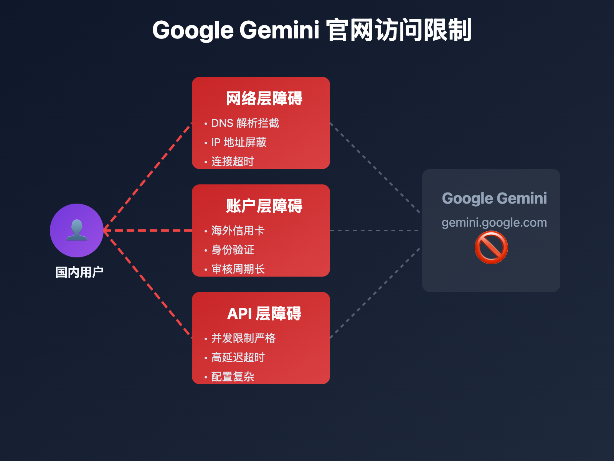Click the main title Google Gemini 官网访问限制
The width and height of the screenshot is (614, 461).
click(312, 30)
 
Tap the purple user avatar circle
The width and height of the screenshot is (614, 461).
click(77, 230)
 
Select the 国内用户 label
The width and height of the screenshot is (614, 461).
click(79, 272)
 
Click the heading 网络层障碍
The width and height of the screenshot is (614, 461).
click(264, 98)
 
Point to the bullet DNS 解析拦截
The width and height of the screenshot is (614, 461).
click(245, 123)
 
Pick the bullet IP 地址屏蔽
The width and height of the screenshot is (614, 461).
click(239, 143)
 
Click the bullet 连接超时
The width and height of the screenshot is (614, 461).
click(233, 162)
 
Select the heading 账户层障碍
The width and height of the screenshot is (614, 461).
click(264, 206)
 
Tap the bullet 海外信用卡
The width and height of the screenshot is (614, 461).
click(238, 231)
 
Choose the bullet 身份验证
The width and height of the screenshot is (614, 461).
click(233, 250)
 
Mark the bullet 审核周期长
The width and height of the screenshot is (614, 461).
click(238, 269)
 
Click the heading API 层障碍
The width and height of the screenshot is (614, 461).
click(264, 313)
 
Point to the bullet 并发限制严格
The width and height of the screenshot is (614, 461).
click(243, 338)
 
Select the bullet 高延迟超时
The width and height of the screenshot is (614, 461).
click(238, 358)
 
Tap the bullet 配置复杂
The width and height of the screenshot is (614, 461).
click(233, 377)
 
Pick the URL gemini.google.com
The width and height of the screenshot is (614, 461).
click(494, 222)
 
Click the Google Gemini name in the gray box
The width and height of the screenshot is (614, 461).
click(494, 198)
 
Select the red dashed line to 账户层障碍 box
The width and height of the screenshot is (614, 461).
click(150, 230)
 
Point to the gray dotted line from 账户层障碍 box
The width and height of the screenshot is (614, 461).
click(374, 230)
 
